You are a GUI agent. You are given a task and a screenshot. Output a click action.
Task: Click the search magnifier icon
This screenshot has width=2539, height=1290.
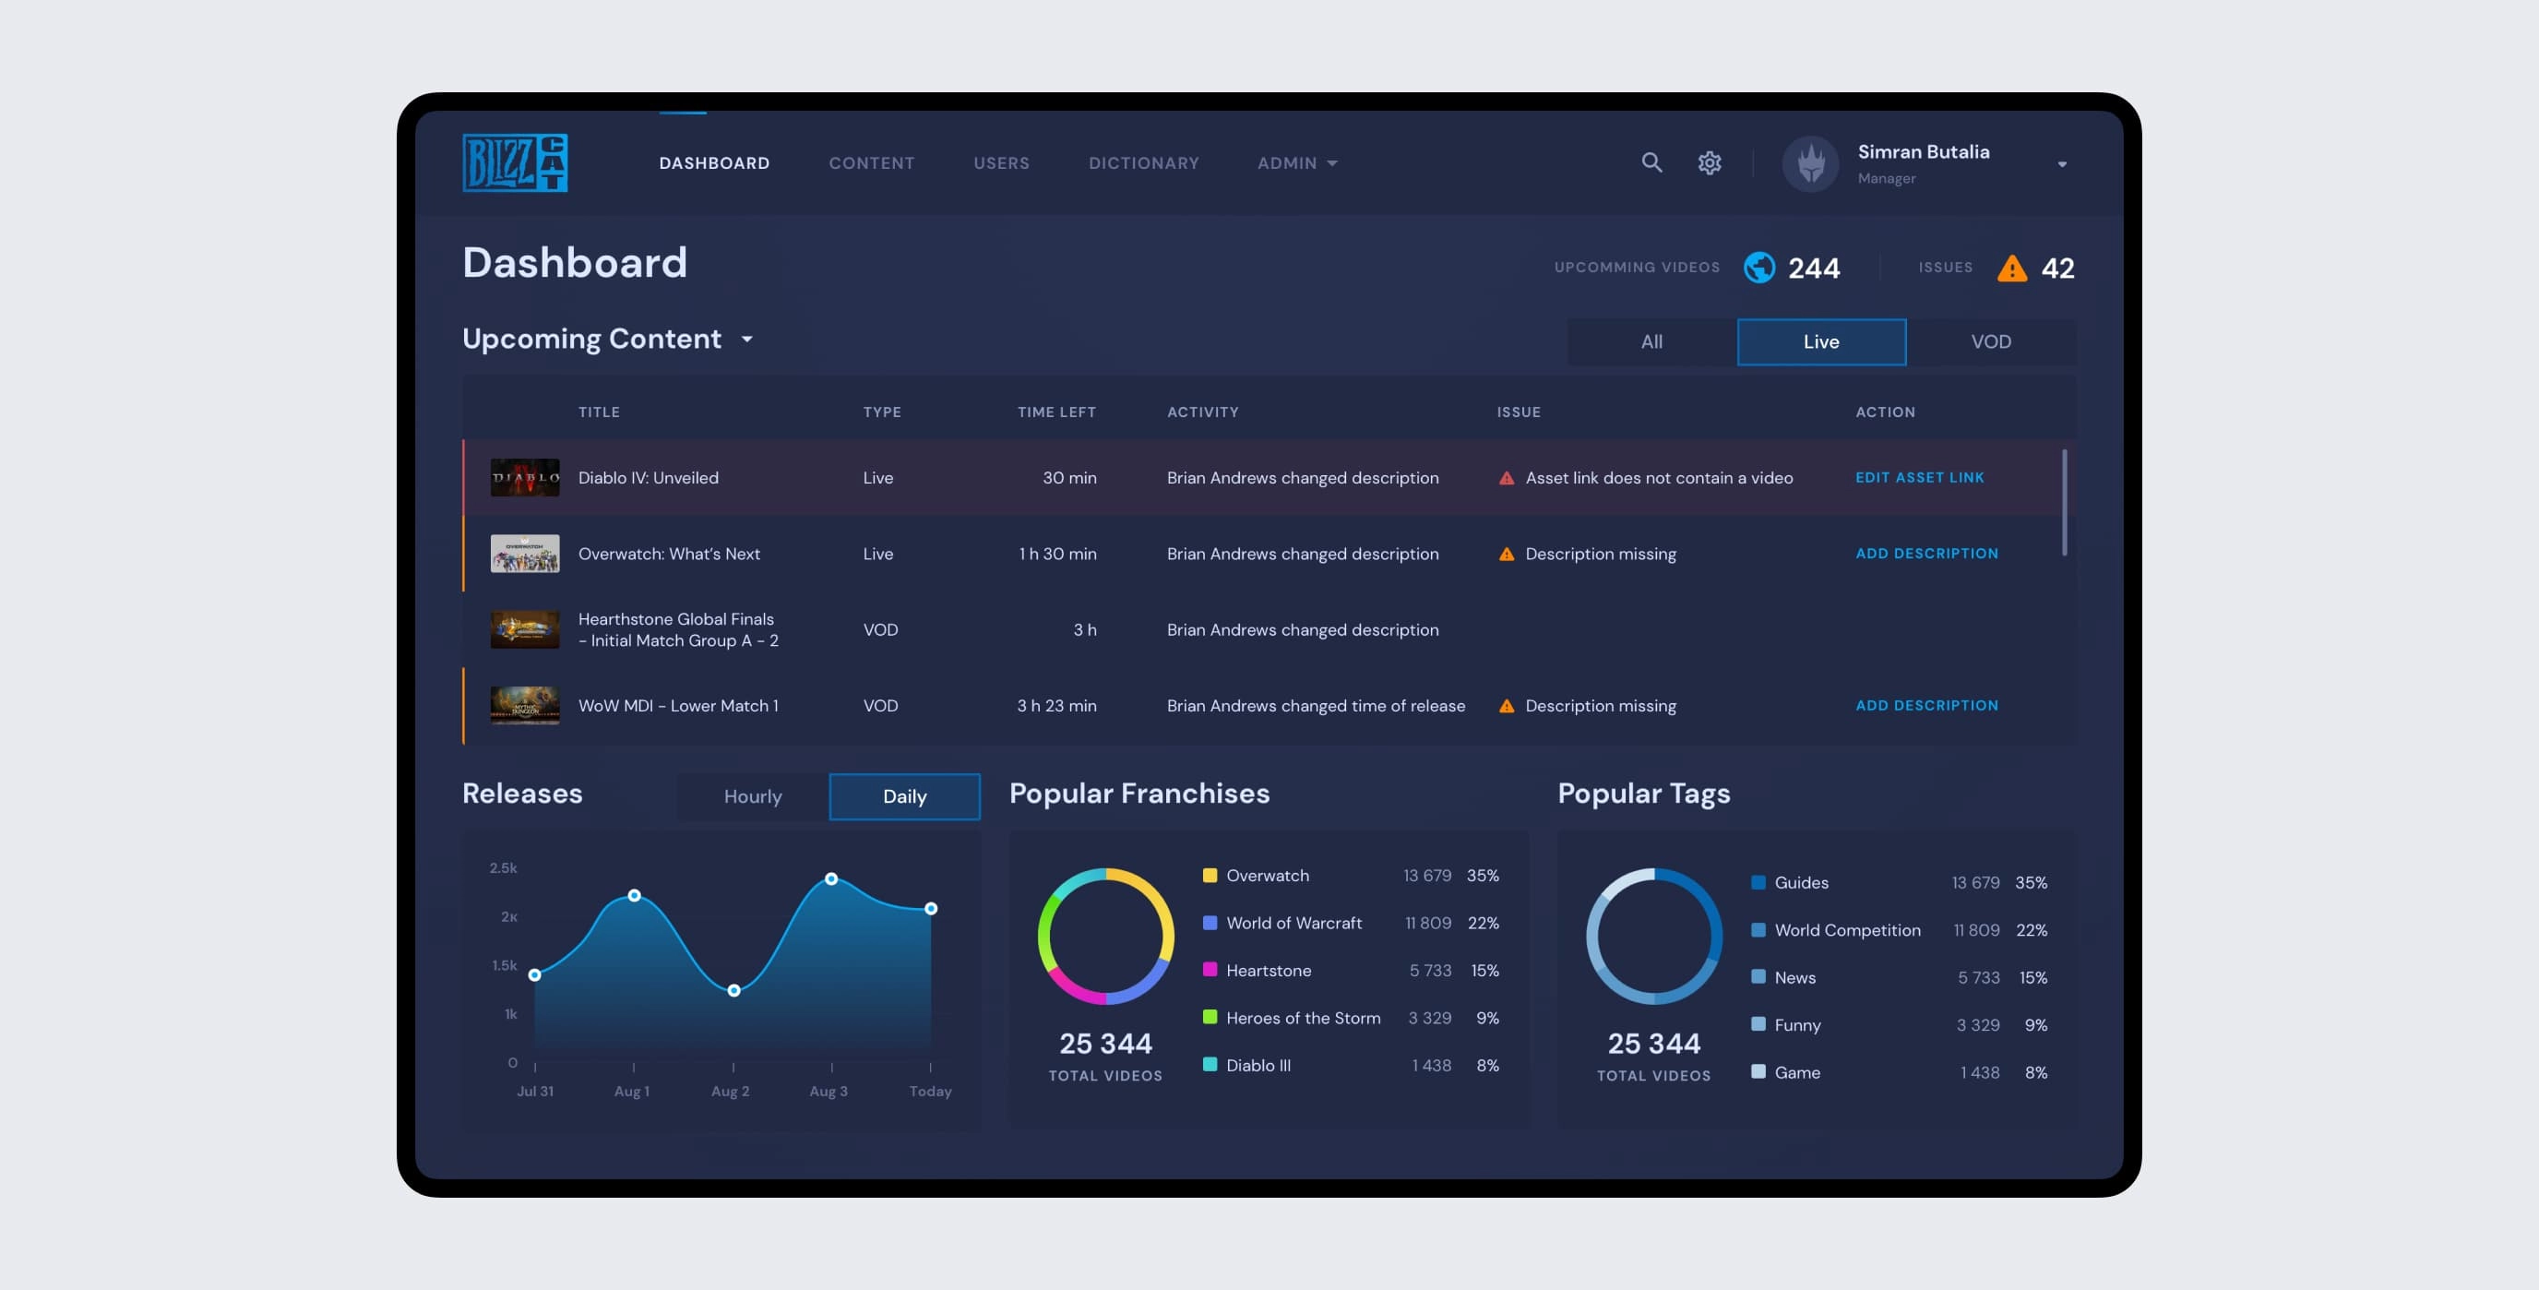pyautogui.click(x=1652, y=162)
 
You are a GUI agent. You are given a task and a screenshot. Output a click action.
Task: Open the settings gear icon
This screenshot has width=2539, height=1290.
pyautogui.click(x=1709, y=162)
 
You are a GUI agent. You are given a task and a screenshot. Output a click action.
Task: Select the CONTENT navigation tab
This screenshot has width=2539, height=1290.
pyautogui.click(x=871, y=162)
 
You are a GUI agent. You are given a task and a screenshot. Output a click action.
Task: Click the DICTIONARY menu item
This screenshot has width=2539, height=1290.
pyautogui.click(x=1143, y=162)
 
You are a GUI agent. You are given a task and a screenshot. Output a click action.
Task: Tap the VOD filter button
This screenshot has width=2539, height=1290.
pyautogui.click(x=1990, y=342)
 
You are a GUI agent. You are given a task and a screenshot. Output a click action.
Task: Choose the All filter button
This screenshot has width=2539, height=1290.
pyautogui.click(x=1652, y=342)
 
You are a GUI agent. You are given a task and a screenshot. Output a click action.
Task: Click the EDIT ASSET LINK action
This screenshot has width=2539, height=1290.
pyautogui.click(x=1919, y=478)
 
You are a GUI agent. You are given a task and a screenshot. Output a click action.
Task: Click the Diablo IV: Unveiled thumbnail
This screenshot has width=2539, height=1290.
pyautogui.click(x=524, y=478)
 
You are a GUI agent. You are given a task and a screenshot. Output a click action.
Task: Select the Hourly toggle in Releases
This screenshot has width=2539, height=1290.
pyautogui.click(x=752, y=796)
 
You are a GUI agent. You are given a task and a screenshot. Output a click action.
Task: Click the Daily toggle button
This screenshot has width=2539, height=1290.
pyautogui.click(x=904, y=796)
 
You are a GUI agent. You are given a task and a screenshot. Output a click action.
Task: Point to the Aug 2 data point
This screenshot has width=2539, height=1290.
pyautogui.click(x=733, y=990)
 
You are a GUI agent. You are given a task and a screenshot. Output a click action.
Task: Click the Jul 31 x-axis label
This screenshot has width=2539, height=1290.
pyautogui.click(x=535, y=1091)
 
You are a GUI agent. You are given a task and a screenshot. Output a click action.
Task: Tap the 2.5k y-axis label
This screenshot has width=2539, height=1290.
pyautogui.click(x=503, y=868)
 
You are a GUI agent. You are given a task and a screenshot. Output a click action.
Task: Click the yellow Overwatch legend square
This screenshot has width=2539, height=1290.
pyautogui.click(x=1210, y=875)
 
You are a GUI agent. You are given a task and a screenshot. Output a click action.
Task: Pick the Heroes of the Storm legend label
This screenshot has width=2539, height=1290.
pyautogui.click(x=1302, y=1018)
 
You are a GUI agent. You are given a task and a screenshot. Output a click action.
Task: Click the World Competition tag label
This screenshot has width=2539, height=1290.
pyautogui.click(x=1847, y=930)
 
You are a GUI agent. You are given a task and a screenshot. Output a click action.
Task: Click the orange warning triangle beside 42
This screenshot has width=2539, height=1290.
pyautogui.click(x=2011, y=268)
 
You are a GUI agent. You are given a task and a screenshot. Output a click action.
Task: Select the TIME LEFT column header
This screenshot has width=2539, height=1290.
pyautogui.click(x=1055, y=412)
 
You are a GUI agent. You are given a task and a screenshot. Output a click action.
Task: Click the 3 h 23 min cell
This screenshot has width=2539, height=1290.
pyautogui.click(x=1055, y=706)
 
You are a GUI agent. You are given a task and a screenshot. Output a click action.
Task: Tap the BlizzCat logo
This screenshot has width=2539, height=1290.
pyautogui.click(x=515, y=162)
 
